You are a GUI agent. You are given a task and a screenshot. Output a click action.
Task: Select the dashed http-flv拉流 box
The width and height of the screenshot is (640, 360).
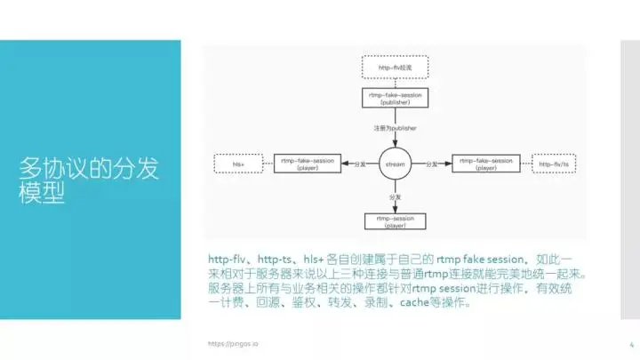pos(396,67)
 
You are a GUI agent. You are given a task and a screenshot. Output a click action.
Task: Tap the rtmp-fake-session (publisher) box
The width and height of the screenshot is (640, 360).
pos(396,99)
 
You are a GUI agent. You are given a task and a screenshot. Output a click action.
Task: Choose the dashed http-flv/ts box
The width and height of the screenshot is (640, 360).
pos(555,164)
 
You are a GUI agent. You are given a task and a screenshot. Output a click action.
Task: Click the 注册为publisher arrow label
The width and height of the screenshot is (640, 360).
pos(396,129)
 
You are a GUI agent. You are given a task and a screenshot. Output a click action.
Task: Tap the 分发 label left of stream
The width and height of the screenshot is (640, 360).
pos(358,164)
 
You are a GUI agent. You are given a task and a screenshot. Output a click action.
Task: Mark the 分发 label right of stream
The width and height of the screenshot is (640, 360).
pos(433,164)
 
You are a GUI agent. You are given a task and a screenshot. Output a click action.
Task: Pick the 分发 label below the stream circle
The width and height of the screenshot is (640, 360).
pos(396,195)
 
